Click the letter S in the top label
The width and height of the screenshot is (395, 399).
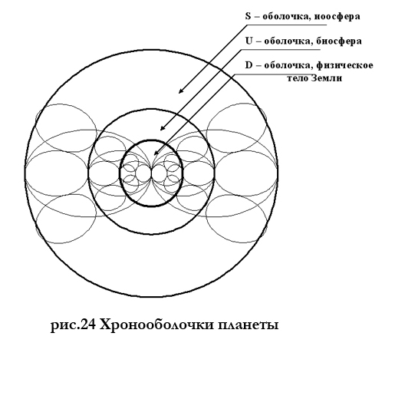click(248, 16)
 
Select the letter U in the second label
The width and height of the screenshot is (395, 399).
click(249, 41)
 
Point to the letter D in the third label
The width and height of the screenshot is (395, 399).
click(249, 65)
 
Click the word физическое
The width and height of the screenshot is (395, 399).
click(344, 65)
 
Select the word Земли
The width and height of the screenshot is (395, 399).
click(327, 77)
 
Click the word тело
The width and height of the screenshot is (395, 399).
click(298, 78)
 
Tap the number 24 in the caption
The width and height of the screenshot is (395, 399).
click(88, 325)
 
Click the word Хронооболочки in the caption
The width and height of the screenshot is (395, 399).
click(157, 325)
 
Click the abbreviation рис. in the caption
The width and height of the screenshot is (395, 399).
click(65, 326)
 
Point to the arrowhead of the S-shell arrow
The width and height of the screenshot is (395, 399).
click(180, 91)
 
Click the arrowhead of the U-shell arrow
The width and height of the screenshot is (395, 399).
click(162, 128)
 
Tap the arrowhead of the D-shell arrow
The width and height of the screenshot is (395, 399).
click(156, 153)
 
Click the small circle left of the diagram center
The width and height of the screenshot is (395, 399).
click(143, 173)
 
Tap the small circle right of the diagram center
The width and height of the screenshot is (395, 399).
click(160, 173)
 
